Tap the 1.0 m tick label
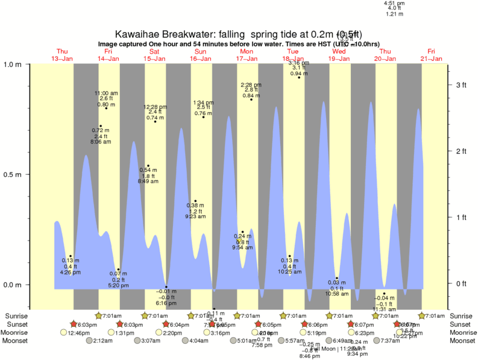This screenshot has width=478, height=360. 13,65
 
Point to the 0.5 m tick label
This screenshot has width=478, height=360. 13,174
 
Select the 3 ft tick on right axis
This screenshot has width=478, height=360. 461,85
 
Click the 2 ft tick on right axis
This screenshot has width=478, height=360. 461,151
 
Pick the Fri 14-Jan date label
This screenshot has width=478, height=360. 108,55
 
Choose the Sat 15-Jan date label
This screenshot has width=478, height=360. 154,55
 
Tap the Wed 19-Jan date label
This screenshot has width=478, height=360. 339,55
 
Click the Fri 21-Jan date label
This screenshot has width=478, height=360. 431,55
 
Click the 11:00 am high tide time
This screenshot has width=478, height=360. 106,93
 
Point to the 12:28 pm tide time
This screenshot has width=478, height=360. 155,107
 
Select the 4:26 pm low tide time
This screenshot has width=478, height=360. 71,273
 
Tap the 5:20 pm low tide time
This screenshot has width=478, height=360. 118,285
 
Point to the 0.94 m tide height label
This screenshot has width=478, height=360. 299,73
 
